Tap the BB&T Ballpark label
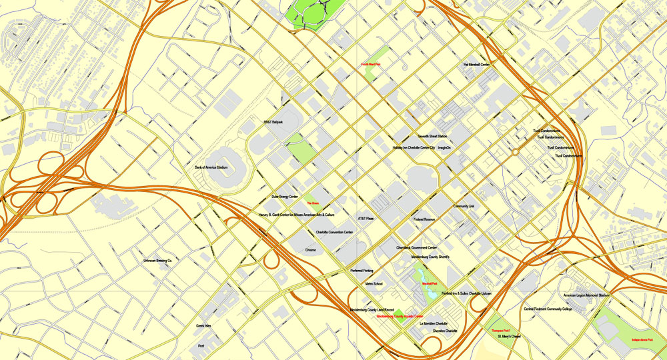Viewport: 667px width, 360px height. (x=277, y=123)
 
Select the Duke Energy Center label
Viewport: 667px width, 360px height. (x=284, y=197)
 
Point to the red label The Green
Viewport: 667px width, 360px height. (x=313, y=203)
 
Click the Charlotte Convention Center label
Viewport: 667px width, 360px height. (x=325, y=232)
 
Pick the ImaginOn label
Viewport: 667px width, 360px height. (x=444, y=147)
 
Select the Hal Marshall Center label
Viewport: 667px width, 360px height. (x=476, y=65)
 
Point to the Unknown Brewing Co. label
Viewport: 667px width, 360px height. (x=157, y=261)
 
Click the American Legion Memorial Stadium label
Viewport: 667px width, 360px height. (x=586, y=295)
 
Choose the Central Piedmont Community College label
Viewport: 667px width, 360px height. (x=548, y=309)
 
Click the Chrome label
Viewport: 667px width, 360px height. (x=310, y=249)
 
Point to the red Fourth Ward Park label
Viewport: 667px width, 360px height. (x=370, y=65)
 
